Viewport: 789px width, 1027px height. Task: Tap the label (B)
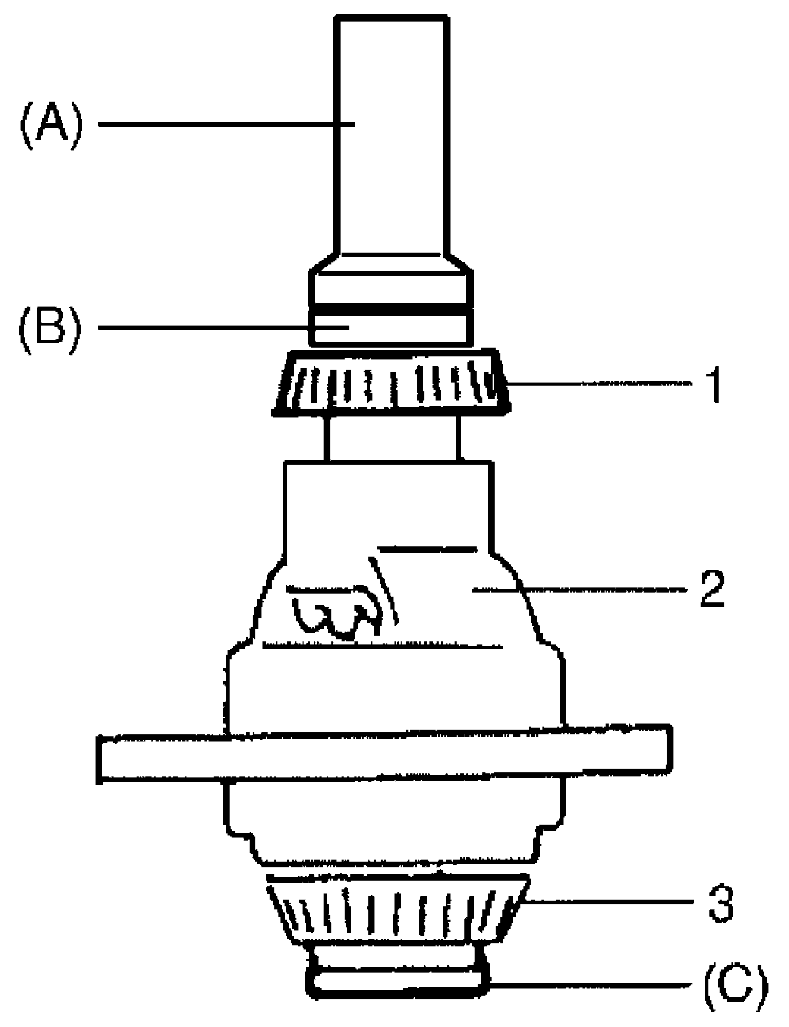(50, 327)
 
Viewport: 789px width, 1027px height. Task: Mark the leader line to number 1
(596, 383)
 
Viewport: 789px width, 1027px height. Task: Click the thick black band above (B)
(390, 310)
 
